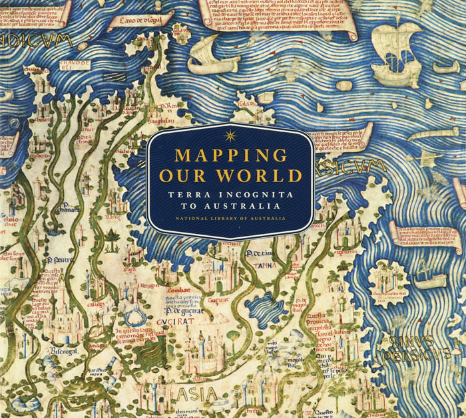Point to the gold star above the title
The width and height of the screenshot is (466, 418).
[x=231, y=136]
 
